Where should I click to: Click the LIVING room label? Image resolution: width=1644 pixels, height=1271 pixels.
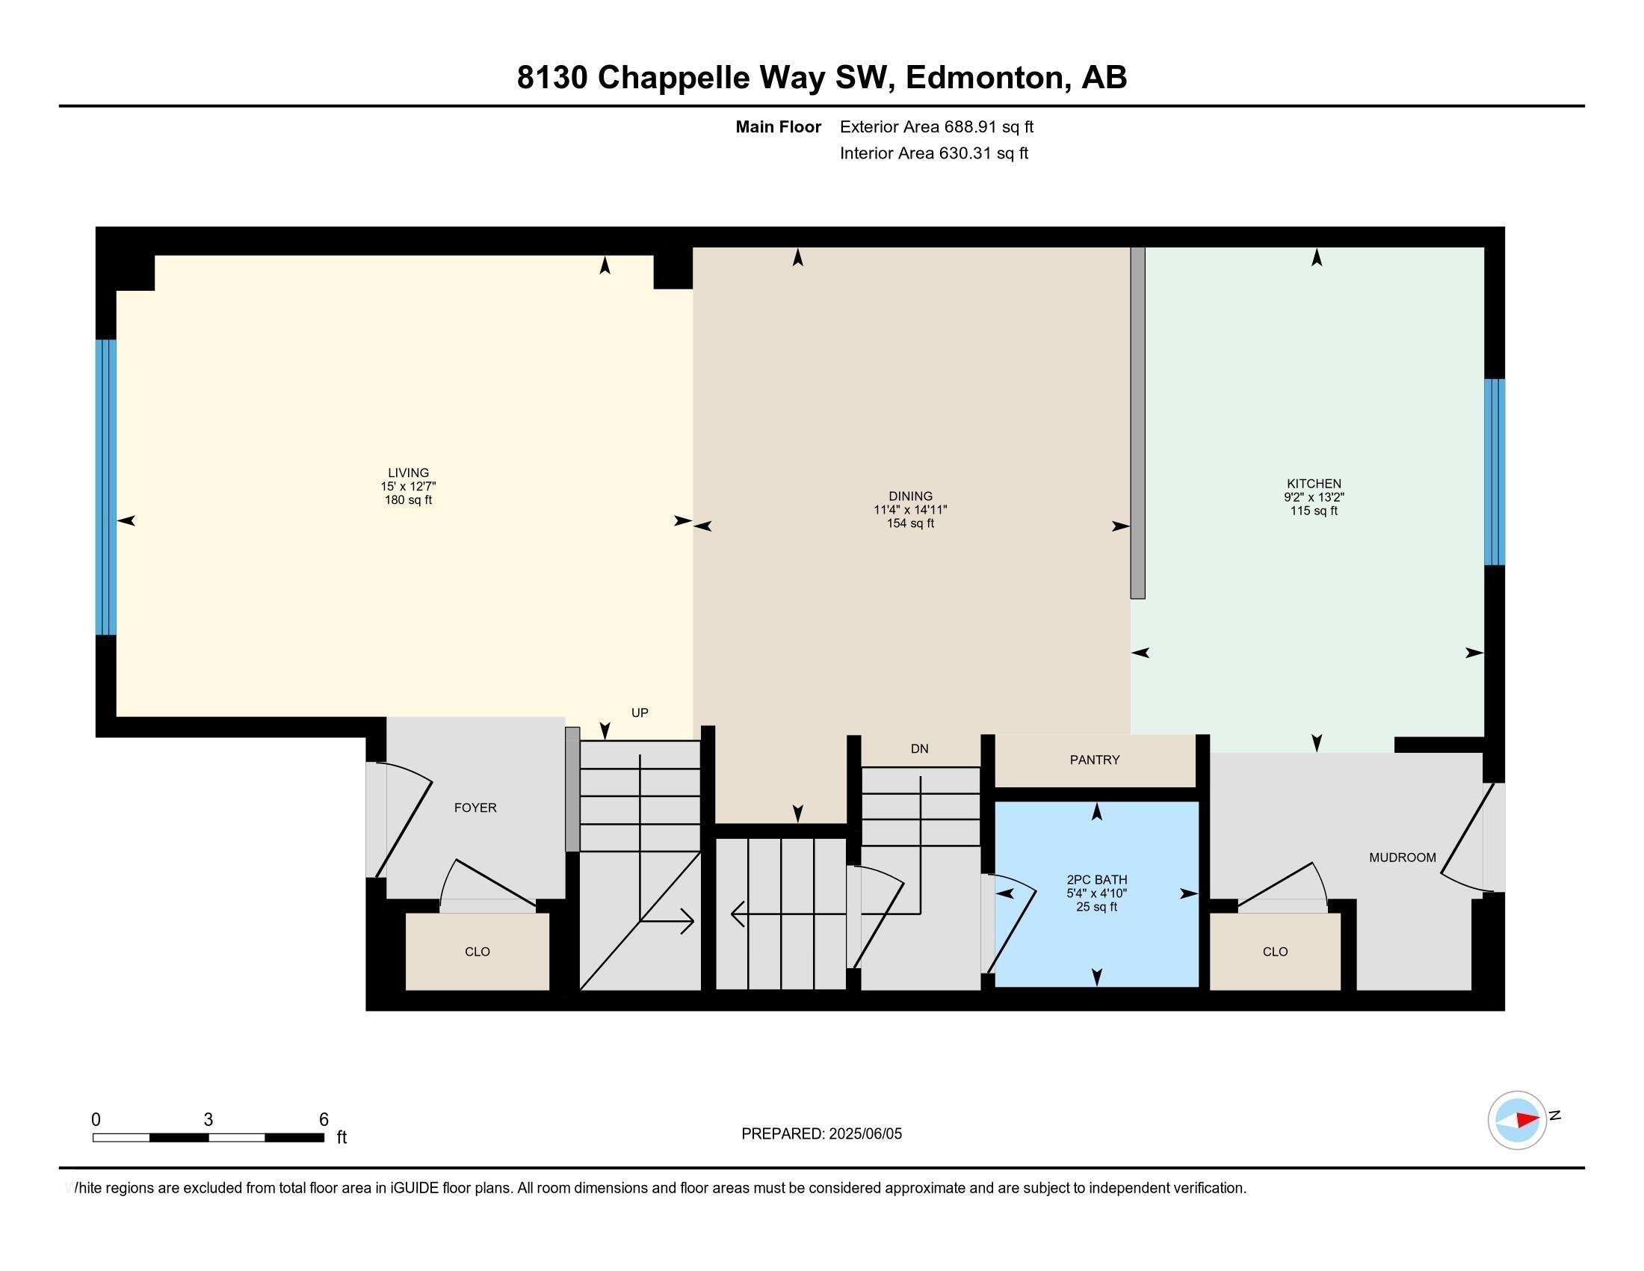[x=408, y=473]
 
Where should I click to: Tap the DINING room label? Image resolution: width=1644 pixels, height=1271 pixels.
[x=910, y=496]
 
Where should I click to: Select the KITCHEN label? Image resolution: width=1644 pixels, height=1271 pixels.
[x=1314, y=484]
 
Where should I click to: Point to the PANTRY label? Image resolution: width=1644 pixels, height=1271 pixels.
[x=1095, y=760]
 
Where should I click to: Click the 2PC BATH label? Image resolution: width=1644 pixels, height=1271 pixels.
[x=1097, y=879]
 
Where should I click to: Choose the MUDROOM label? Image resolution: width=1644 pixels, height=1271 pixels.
[x=1403, y=857]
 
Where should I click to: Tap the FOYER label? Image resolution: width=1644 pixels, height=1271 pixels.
[x=475, y=807]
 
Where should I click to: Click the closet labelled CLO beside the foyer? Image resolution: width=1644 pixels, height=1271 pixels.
[x=478, y=952]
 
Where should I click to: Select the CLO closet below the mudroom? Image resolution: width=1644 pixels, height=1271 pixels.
[x=1275, y=952]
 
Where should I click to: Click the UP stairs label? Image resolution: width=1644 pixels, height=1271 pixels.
[x=639, y=713]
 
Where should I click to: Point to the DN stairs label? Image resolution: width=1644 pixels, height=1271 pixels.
[x=919, y=748]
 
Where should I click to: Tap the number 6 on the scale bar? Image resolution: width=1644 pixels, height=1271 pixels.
[x=324, y=1120]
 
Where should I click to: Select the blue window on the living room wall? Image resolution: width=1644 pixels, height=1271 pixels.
[x=106, y=487]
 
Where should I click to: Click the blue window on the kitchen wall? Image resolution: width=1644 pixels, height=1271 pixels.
[x=1495, y=472]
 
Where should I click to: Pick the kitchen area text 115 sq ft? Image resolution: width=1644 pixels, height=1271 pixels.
[x=1314, y=511]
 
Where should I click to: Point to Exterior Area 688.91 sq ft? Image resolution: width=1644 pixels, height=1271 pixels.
[x=936, y=126]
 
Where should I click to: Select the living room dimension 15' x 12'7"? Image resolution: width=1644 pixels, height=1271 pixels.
[x=408, y=487]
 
